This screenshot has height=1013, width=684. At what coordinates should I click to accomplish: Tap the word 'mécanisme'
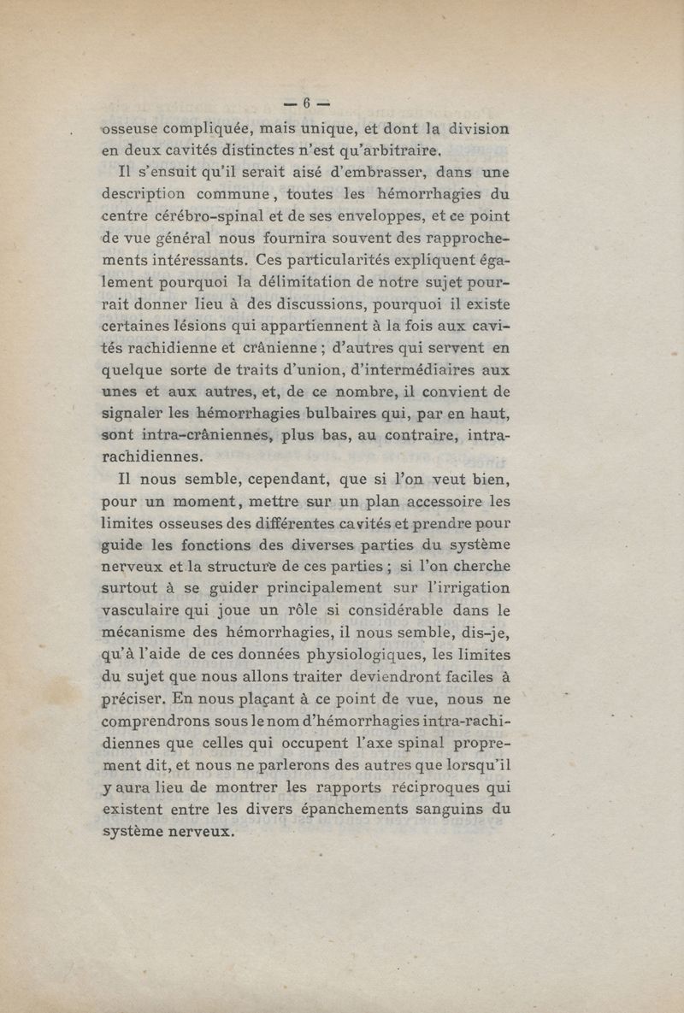[x=147, y=633]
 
